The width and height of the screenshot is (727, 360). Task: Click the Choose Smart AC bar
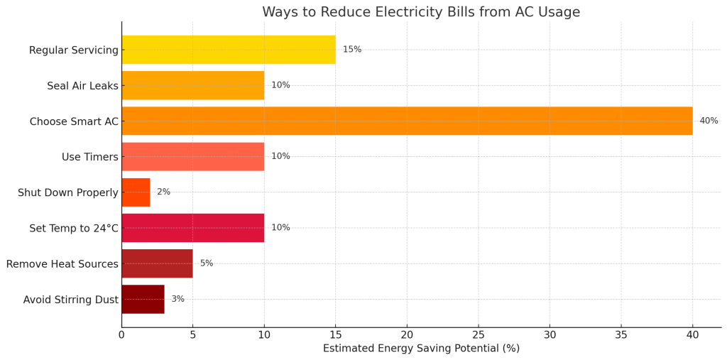pyautogui.click(x=407, y=121)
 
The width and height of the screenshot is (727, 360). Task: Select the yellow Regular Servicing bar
pyautogui.click(x=228, y=50)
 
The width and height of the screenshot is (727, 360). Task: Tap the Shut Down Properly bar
pyautogui.click(x=136, y=192)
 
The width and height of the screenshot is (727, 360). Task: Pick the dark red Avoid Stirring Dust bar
pyautogui.click(x=143, y=299)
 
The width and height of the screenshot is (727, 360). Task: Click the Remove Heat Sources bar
pyautogui.click(x=157, y=263)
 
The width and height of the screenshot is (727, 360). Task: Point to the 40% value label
pyautogui.click(x=709, y=121)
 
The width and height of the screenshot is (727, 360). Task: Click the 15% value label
pyautogui.click(x=352, y=50)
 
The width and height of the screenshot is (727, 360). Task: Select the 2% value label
pyautogui.click(x=163, y=192)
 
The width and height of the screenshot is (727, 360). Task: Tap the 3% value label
pyautogui.click(x=177, y=299)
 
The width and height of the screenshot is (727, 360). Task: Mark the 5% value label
pyautogui.click(x=206, y=263)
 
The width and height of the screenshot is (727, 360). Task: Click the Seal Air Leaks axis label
pyautogui.click(x=82, y=86)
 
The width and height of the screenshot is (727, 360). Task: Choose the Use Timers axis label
pyautogui.click(x=90, y=157)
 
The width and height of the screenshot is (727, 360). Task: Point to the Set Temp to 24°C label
pyautogui.click(x=74, y=228)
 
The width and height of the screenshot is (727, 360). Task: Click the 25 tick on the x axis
pyautogui.click(x=479, y=334)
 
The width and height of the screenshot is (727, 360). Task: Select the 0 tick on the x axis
pyautogui.click(x=121, y=334)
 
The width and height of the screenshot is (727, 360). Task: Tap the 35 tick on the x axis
pyautogui.click(x=621, y=334)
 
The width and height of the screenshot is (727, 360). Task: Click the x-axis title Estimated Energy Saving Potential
pyautogui.click(x=421, y=349)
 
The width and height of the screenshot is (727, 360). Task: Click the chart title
pyautogui.click(x=421, y=12)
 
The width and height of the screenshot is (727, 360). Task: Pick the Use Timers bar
pyautogui.click(x=192, y=156)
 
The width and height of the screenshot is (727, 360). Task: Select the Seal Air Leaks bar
pyautogui.click(x=192, y=85)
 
